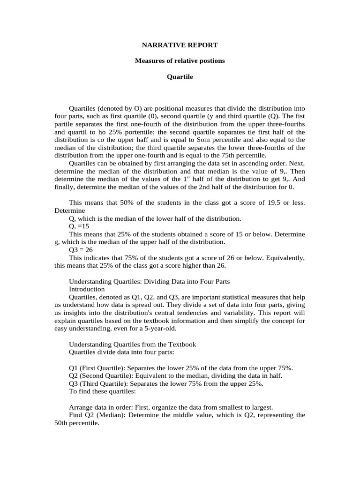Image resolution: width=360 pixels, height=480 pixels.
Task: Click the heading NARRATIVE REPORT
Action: [180, 45]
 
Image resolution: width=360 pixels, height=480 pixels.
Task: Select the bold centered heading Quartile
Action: [180, 76]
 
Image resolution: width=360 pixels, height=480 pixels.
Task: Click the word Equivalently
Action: [286, 258]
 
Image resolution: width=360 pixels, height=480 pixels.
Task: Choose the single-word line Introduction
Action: [87, 289]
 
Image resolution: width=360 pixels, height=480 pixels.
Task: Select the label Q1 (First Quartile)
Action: [96, 367]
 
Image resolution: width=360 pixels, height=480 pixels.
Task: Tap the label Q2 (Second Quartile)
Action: [100, 375]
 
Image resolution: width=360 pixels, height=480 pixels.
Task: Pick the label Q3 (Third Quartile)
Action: [98, 383]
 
